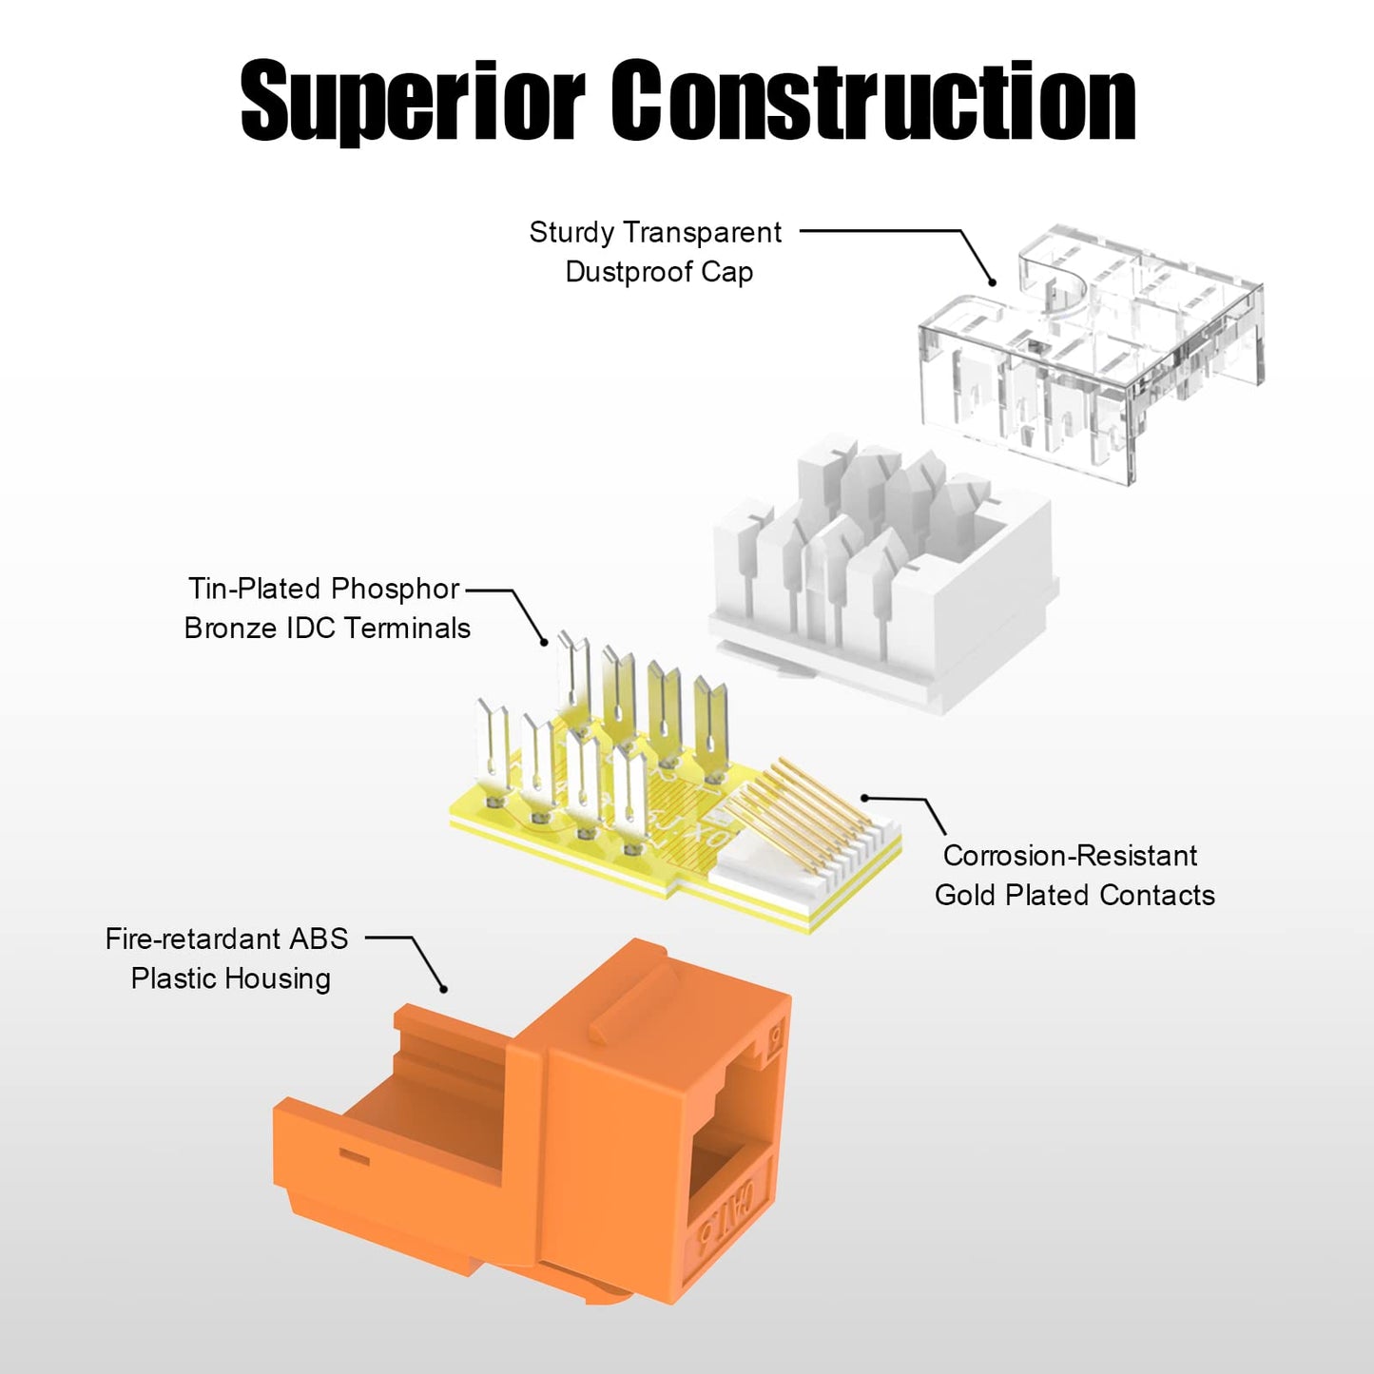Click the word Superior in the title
pos(413,101)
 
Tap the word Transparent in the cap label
pos(703,233)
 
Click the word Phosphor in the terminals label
pos(395,590)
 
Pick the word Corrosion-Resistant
pos(1070,856)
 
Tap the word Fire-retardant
pos(192,939)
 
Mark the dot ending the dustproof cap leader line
pos(991,282)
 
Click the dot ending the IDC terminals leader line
pos(545,643)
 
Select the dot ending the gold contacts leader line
pos(865,798)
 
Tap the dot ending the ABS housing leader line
pos(443,989)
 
